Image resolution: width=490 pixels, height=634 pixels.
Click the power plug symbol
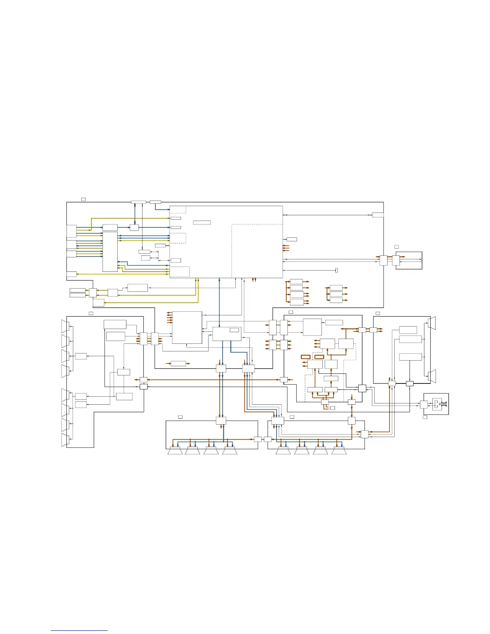click(x=332, y=408)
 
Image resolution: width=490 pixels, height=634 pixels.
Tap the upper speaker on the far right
click(x=432, y=323)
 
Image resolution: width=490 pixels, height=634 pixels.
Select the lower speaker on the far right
click(x=432, y=377)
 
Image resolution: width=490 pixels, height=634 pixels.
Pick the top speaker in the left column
click(x=65, y=326)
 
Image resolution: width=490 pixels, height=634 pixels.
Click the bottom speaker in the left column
click(x=65, y=440)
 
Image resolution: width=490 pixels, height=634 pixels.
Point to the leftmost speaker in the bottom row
click(x=175, y=451)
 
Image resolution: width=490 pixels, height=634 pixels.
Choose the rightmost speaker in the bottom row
click(x=339, y=451)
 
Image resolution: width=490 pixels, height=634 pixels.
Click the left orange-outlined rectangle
click(x=306, y=356)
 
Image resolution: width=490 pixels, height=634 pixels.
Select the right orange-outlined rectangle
click(x=319, y=356)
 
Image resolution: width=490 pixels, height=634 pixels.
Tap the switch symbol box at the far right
click(x=437, y=403)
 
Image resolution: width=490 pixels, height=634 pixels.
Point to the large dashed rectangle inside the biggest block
click(x=257, y=251)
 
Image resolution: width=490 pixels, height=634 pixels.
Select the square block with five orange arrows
click(x=187, y=327)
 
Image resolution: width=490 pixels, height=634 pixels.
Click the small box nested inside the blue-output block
click(x=235, y=330)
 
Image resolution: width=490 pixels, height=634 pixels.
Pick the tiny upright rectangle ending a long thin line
click(x=337, y=270)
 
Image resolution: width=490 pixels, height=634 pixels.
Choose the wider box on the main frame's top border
click(x=139, y=202)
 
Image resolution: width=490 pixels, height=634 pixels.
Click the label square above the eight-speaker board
click(x=91, y=313)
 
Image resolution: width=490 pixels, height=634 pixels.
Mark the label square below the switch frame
click(x=425, y=417)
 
